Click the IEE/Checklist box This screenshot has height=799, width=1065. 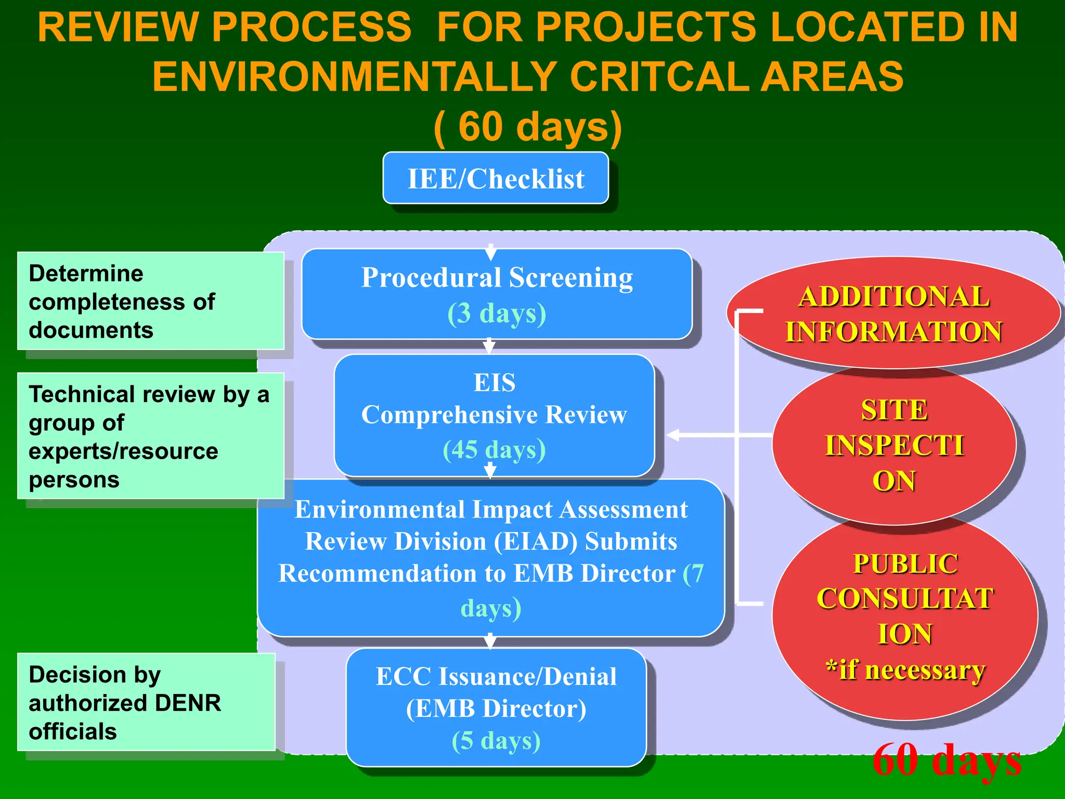click(x=496, y=178)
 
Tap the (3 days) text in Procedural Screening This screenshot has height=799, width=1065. click(x=497, y=314)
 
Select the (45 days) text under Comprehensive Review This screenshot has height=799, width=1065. click(x=494, y=449)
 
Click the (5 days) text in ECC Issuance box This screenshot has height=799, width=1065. click(x=496, y=741)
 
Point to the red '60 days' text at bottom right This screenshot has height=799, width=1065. click(x=947, y=759)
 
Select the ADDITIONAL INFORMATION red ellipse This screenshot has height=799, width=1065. click(x=893, y=314)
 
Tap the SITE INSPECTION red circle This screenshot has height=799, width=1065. click(x=894, y=445)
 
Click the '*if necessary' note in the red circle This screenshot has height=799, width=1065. click(x=905, y=670)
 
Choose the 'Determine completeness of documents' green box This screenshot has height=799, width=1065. click(x=150, y=301)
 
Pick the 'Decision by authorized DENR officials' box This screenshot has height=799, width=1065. click(x=146, y=702)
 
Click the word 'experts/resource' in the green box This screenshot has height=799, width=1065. click(x=123, y=451)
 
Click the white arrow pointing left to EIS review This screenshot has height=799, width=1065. click(x=673, y=435)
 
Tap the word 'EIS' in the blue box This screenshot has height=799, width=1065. click(x=494, y=383)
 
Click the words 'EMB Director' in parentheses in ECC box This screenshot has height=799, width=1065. click(x=496, y=708)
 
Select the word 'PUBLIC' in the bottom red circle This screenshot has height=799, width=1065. click(x=905, y=564)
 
